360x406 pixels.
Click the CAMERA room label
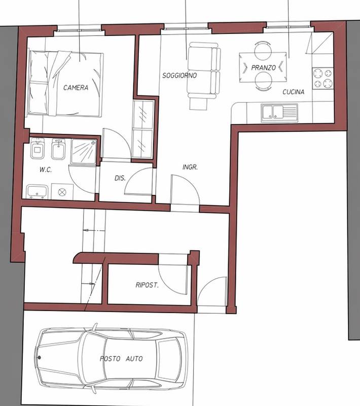76,87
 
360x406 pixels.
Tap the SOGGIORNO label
179,75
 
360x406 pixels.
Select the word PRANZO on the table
263,67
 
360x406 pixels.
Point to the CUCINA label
293,92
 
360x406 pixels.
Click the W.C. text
46,170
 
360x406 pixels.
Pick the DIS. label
120,178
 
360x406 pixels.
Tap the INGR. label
190,167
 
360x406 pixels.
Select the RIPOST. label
147,285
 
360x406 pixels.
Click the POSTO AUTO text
121,359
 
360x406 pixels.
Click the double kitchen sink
279,113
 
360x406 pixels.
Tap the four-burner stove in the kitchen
323,78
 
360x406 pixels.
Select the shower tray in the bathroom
84,152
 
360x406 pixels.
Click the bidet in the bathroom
58,149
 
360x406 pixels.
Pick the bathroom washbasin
37,192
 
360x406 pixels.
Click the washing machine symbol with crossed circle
62,192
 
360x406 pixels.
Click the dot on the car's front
40,358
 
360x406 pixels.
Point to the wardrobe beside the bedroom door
143,129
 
